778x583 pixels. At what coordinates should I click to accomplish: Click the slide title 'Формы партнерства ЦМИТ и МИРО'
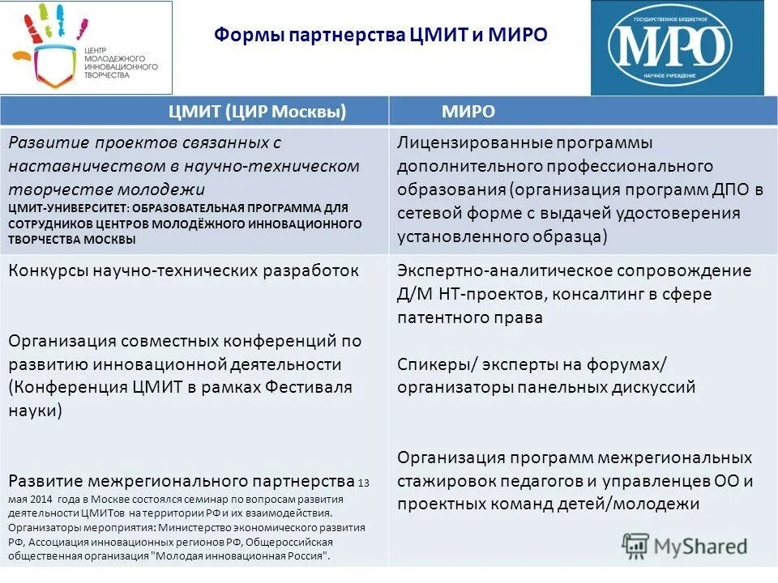tap(381, 36)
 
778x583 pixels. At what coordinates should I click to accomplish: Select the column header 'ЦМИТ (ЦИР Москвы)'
tap(257, 112)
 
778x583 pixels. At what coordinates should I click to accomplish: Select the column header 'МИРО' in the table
tap(468, 112)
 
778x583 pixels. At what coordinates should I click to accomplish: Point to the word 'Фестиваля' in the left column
tap(314, 387)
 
